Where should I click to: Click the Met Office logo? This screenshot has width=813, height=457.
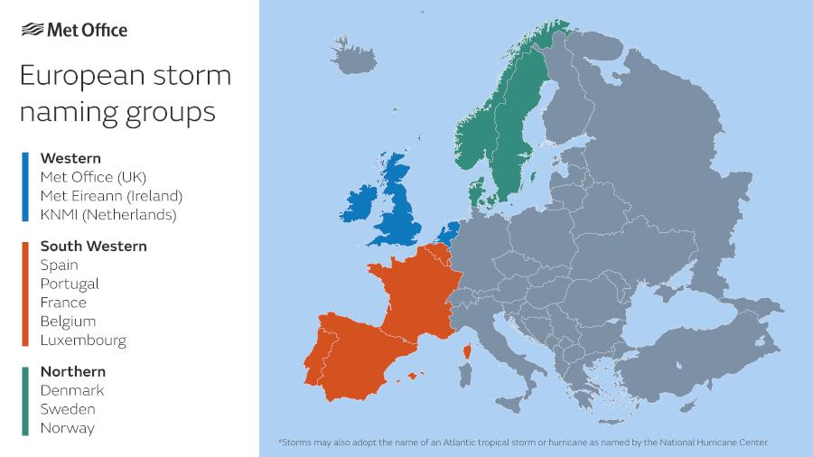74,30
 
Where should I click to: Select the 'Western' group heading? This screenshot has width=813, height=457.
70,158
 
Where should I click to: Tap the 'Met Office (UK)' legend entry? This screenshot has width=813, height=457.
93,177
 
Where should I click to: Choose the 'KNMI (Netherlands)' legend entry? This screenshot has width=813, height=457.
108,215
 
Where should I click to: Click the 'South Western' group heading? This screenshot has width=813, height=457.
93,246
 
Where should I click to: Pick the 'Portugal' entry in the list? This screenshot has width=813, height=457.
70,284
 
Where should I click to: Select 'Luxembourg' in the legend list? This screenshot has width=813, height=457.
83,340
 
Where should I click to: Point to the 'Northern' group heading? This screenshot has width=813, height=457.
72,371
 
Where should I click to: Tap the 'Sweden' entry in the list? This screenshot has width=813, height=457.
67,409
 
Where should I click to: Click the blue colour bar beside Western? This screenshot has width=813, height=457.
25,187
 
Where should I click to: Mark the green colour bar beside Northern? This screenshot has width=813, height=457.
25,400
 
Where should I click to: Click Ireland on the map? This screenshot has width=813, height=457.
356,205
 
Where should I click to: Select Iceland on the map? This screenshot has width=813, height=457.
354,56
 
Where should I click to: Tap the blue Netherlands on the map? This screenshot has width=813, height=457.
447,231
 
